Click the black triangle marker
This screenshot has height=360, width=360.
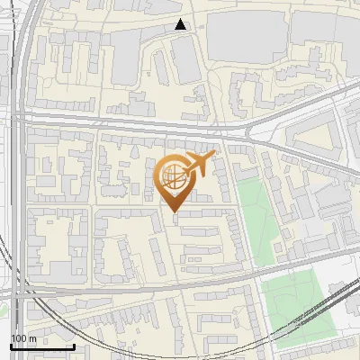(x=182, y=25)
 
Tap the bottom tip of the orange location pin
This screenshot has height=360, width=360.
(x=174, y=212)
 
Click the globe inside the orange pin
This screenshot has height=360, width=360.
(x=173, y=176)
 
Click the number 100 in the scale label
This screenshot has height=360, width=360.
(x=19, y=338)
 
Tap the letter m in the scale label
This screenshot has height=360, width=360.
(x=32, y=338)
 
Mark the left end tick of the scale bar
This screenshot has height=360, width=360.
(x=11, y=346)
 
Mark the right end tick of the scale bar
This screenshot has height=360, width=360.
(x=74, y=346)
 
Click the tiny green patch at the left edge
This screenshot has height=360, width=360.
(x=3, y=310)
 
